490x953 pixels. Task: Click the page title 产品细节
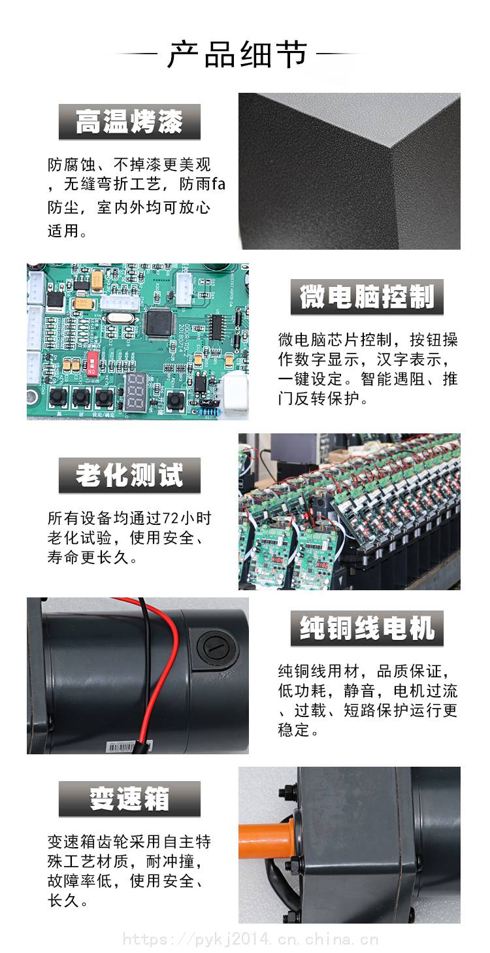(237, 54)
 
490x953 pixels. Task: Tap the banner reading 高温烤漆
(129, 122)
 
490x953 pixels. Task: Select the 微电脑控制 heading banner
(367, 297)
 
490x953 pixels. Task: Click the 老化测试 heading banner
(129, 475)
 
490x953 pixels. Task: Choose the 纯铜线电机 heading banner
(367, 628)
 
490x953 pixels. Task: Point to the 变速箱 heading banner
(129, 799)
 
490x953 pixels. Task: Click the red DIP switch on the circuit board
(91, 363)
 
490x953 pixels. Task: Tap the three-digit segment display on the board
(136, 392)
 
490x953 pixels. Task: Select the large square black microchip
(159, 322)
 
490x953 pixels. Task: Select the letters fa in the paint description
(218, 184)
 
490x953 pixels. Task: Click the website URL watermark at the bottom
(250, 938)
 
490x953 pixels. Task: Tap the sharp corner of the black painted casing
(391, 147)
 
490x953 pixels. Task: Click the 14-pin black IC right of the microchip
(216, 327)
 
